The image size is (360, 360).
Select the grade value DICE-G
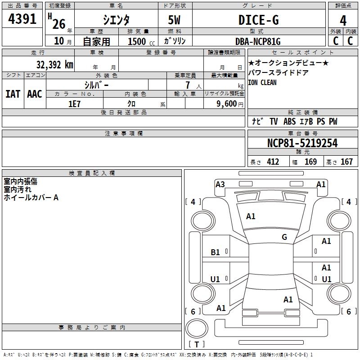(258, 20)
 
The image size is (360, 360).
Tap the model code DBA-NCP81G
(258, 41)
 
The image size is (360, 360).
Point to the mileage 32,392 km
(54, 65)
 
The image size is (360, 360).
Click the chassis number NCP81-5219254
(302, 143)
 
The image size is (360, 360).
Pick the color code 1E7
(74, 103)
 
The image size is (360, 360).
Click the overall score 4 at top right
(343, 20)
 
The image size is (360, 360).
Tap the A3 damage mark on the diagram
(220, 184)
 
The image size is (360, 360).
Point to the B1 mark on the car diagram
(216, 252)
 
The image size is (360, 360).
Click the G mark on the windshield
(284, 237)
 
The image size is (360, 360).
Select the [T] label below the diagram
(196, 344)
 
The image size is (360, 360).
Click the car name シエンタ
(116, 20)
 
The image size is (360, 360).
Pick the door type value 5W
(175, 20)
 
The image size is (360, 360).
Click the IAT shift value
(13, 94)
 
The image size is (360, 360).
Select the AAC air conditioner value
(34, 94)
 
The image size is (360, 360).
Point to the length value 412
(273, 162)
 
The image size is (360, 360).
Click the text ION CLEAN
(262, 83)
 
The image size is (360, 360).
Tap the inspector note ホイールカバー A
(31, 198)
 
